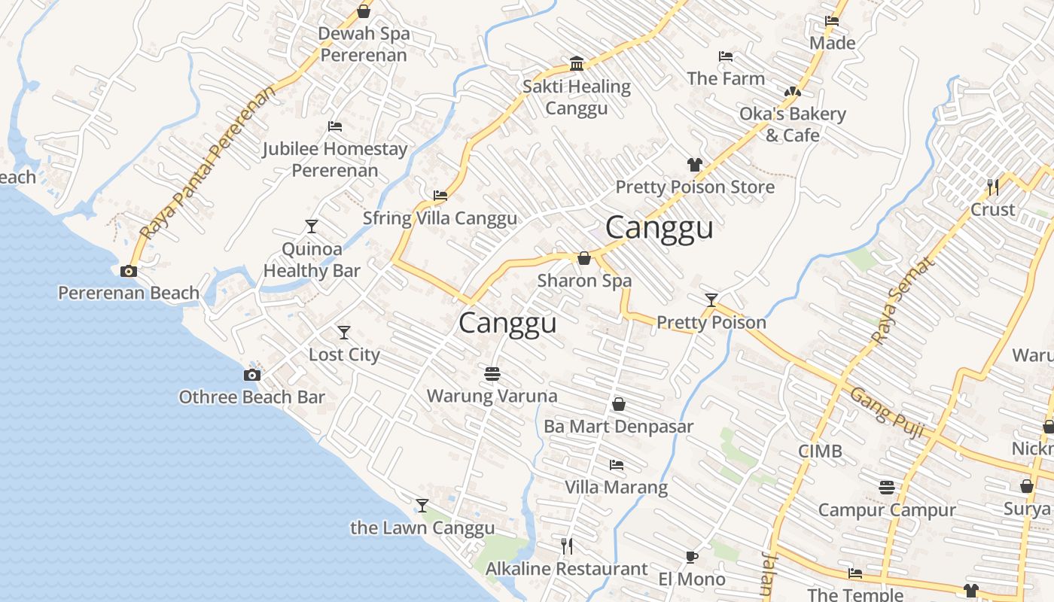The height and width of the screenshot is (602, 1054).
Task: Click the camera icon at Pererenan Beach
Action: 129,271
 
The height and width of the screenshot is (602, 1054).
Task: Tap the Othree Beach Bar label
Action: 251,397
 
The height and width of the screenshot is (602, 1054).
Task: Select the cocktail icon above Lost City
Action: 344,333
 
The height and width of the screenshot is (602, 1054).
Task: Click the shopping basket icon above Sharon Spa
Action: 584,259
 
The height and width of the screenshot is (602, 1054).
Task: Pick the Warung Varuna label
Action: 492,396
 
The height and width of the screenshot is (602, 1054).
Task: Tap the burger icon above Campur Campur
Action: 887,488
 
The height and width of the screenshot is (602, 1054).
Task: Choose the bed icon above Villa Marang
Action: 617,465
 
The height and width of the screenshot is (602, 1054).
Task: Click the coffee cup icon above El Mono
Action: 691,558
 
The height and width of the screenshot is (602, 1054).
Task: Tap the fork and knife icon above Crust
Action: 993,187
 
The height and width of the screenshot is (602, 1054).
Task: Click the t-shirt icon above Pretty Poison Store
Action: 694,165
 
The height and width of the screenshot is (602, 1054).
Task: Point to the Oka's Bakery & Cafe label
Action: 793,125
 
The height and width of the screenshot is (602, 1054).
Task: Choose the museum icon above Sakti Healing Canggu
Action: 577,63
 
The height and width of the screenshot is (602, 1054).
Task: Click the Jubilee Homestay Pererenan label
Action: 335,160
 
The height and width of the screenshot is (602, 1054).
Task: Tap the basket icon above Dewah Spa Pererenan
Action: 364,11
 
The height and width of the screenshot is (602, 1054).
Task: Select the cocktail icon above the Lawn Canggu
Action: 422,506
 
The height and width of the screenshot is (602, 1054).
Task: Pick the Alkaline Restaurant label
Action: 566,569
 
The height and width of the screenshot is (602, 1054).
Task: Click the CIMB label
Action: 820,451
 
